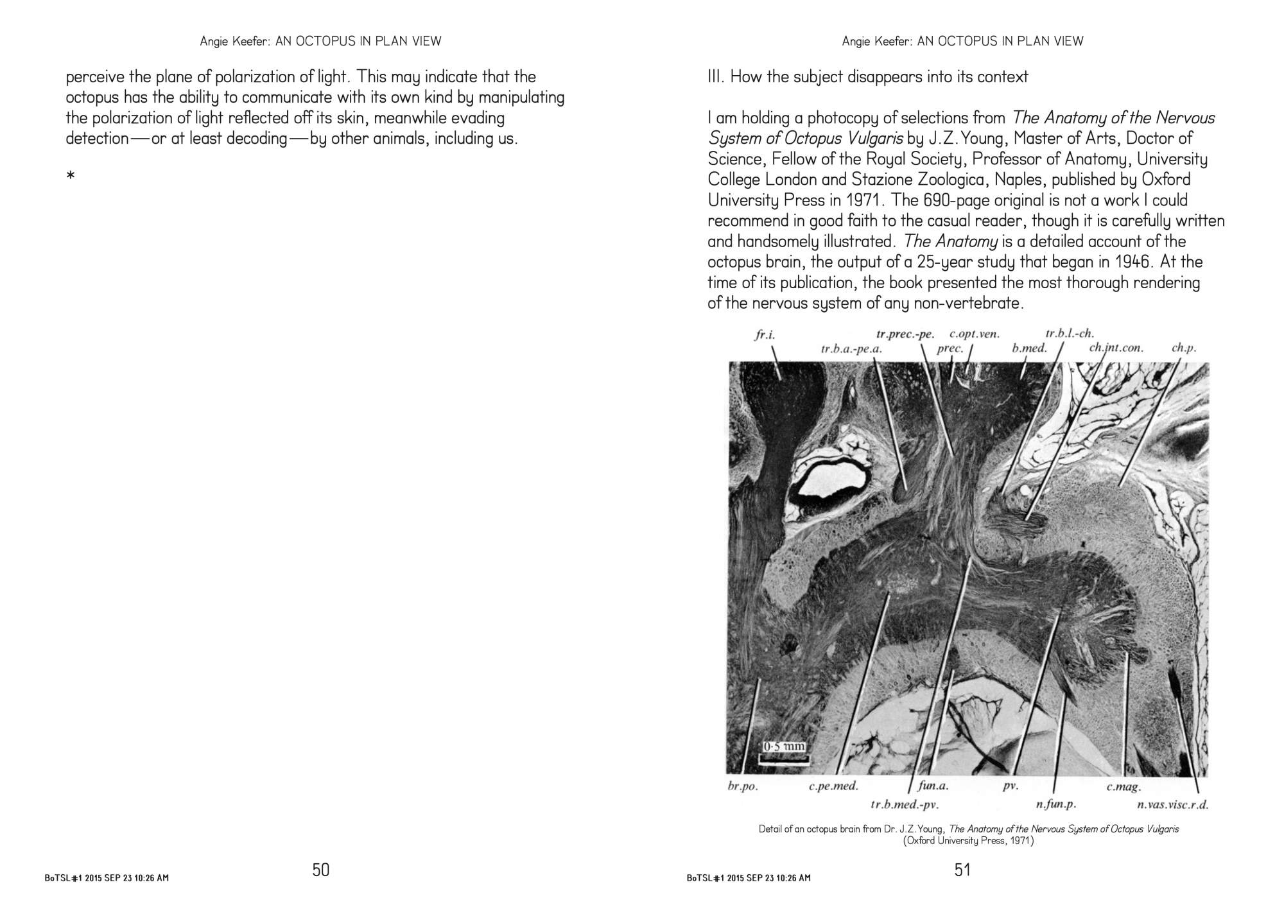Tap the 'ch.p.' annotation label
(1183, 349)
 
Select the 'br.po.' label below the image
(742, 786)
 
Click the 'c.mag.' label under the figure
(1123, 786)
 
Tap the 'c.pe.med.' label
(833, 786)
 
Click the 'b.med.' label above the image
(1029, 349)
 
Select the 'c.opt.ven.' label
(974, 334)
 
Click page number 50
(321, 870)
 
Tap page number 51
(962, 870)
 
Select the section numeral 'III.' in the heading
(716, 77)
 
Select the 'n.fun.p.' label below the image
(1055, 805)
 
